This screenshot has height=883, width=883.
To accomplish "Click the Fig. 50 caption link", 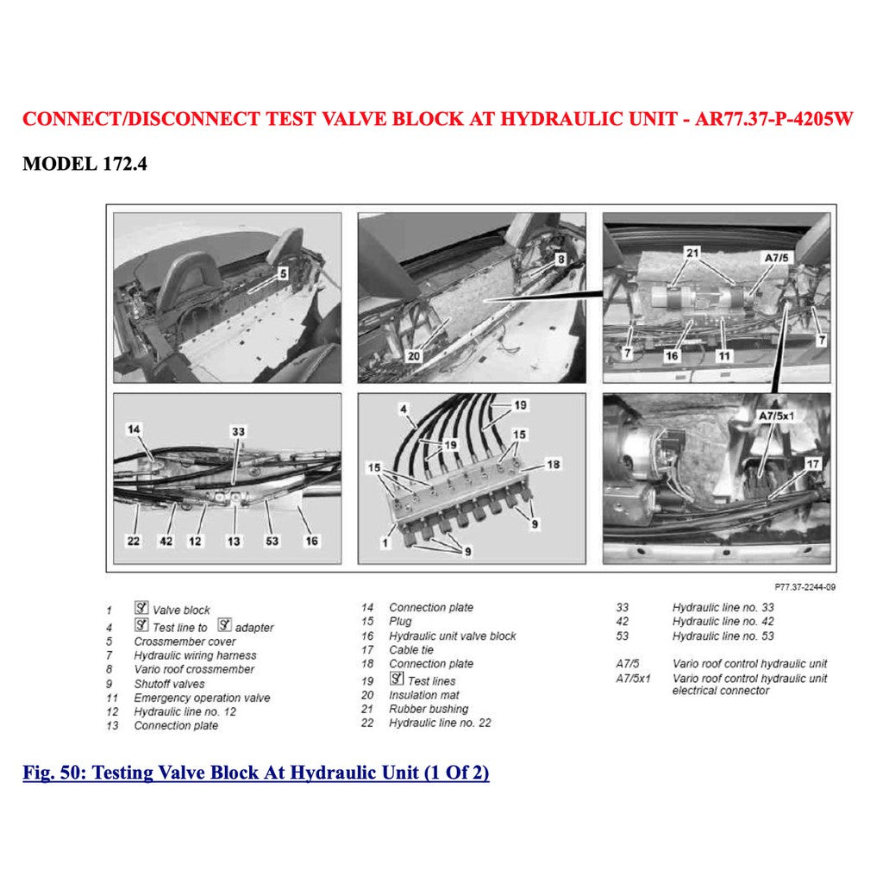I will [x=256, y=773].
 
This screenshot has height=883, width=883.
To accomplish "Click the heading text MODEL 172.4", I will [x=85, y=163].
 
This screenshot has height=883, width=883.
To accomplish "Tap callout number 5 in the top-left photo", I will [x=282, y=274].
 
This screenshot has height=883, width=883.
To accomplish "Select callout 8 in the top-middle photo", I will [x=560, y=258].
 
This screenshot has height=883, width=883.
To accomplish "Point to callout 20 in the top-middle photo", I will [x=415, y=354].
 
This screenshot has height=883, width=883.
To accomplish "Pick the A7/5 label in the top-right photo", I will [x=777, y=257].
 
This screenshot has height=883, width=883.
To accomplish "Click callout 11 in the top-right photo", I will [x=724, y=355].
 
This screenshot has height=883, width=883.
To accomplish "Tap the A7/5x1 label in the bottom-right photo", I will [x=777, y=416].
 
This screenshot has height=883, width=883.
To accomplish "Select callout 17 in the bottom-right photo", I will [x=811, y=464].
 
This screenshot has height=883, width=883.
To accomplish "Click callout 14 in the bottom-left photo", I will [x=134, y=429].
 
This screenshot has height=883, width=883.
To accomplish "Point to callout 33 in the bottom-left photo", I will [x=238, y=430].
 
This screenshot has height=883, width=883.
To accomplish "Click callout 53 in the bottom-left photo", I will [x=272, y=541].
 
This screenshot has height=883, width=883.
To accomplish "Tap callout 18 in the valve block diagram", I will [x=554, y=464].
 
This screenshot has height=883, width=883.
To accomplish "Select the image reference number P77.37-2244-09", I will [x=804, y=587].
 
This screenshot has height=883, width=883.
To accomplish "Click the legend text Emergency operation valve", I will [x=202, y=698].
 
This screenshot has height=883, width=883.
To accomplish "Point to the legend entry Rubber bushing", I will [x=428, y=709].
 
